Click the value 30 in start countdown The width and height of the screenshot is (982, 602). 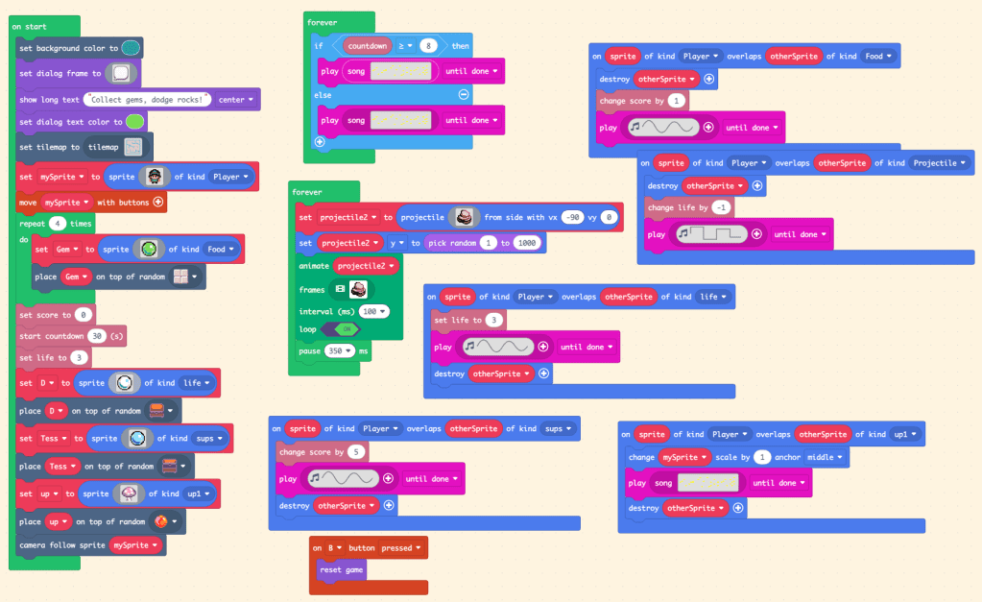pyautogui.click(x=97, y=336)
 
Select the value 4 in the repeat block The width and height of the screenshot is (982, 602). pyautogui.click(x=60, y=223)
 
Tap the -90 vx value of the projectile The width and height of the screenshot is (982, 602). pyautogui.click(x=573, y=218)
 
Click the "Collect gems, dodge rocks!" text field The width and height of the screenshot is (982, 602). pyautogui.click(x=148, y=99)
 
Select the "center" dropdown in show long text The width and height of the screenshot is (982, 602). pyautogui.click(x=236, y=99)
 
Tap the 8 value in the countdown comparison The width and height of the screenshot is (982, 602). pyautogui.click(x=429, y=45)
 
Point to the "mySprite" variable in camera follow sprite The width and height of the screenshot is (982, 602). pyautogui.click(x=135, y=544)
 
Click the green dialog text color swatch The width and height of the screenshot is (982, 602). pyautogui.click(x=135, y=122)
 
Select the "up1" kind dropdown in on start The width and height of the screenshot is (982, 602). pyautogui.click(x=201, y=494)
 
